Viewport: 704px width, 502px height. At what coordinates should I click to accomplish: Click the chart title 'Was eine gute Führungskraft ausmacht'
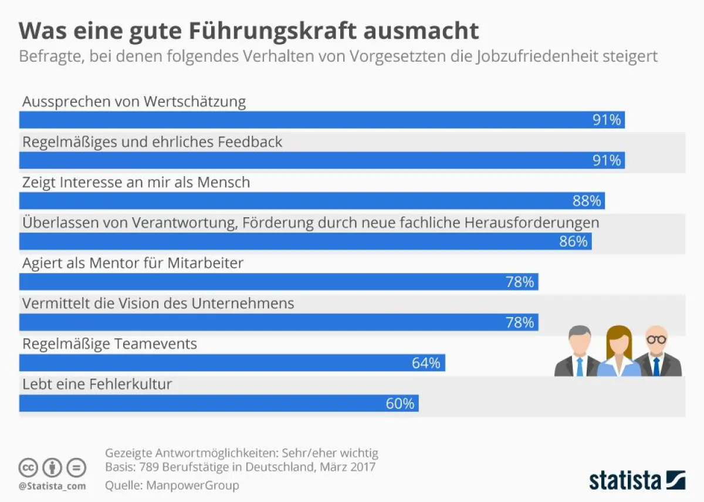(249, 30)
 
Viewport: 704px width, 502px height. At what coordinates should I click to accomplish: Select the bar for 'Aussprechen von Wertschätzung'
(321, 120)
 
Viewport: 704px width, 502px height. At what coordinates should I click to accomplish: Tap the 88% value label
(587, 201)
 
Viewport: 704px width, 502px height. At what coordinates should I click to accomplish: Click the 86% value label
(573, 241)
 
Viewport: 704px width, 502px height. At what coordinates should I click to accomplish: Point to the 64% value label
(426, 363)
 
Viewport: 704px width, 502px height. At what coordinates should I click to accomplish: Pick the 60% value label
(400, 403)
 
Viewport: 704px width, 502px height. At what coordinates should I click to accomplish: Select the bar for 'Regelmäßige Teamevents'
(232, 363)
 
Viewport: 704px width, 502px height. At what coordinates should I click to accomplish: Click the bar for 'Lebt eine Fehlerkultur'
(218, 403)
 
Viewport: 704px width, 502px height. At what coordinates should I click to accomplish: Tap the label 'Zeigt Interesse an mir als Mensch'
(136, 183)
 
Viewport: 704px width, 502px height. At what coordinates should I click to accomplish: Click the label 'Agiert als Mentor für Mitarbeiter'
(133, 264)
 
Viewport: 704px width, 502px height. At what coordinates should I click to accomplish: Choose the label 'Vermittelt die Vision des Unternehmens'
(158, 304)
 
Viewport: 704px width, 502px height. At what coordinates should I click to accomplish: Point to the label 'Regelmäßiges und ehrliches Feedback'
(152, 142)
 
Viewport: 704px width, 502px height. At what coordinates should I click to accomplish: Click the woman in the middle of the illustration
(619, 352)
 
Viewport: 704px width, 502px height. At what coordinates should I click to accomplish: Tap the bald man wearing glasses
(657, 352)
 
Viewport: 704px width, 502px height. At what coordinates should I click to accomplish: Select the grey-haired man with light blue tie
(578, 352)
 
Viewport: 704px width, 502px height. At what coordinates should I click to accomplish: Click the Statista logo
(637, 480)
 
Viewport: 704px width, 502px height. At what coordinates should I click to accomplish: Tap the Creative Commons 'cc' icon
(28, 468)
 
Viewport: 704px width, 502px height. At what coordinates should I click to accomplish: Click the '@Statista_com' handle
(52, 486)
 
